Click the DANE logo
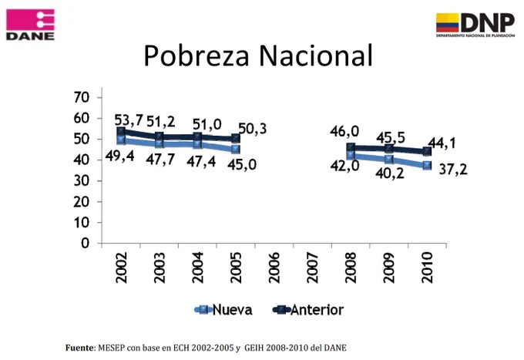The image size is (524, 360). point(30,25)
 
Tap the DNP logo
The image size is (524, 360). point(475,25)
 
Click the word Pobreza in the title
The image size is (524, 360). point(196,56)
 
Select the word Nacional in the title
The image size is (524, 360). point(316,56)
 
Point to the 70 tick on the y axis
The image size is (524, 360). point(81,97)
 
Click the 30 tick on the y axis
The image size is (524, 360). point(81,181)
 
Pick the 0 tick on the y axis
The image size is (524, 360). point(86,244)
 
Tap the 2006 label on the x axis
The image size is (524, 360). point(274,267)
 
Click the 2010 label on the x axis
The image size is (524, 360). point(427,267)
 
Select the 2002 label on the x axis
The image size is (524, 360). point(121,267)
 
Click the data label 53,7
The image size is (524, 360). point(129,120)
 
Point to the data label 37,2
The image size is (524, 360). point(453,170)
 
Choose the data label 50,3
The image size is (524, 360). point(253,129)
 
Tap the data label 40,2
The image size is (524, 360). point(390,173)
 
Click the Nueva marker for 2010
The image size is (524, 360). point(427,165)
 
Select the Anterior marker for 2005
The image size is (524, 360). point(236,138)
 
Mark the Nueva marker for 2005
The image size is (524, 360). point(236,149)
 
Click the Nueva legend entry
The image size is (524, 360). point(223,310)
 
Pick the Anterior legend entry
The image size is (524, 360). point(307,310)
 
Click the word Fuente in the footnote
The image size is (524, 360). point(80,348)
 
